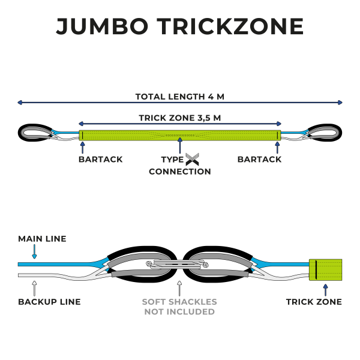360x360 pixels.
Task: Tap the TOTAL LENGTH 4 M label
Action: [x=180, y=97]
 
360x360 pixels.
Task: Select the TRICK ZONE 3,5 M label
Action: [x=180, y=118]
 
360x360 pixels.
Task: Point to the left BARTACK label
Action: [x=101, y=160]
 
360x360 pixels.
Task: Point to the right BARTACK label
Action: [x=259, y=160]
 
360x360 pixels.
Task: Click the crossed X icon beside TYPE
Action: [x=192, y=160]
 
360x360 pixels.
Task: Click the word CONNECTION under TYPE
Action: [x=180, y=172]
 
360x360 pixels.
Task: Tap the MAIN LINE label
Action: [x=42, y=239]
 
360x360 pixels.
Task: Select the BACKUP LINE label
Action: [x=49, y=302]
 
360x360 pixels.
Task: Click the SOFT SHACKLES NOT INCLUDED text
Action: [x=179, y=307]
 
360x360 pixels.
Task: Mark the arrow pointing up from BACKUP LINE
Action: [x=34, y=287]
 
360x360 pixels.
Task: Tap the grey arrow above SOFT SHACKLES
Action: [x=179, y=287]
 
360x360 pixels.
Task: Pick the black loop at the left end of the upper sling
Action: [x=35, y=132]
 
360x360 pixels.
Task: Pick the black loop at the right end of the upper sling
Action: [x=325, y=132]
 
